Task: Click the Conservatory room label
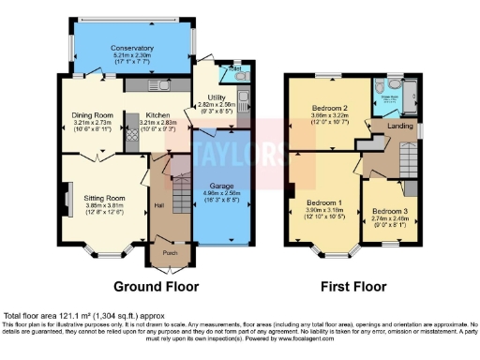(x=131, y=48)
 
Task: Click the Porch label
(x=170, y=252)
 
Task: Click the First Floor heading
(x=359, y=285)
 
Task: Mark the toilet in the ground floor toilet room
(x=226, y=75)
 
